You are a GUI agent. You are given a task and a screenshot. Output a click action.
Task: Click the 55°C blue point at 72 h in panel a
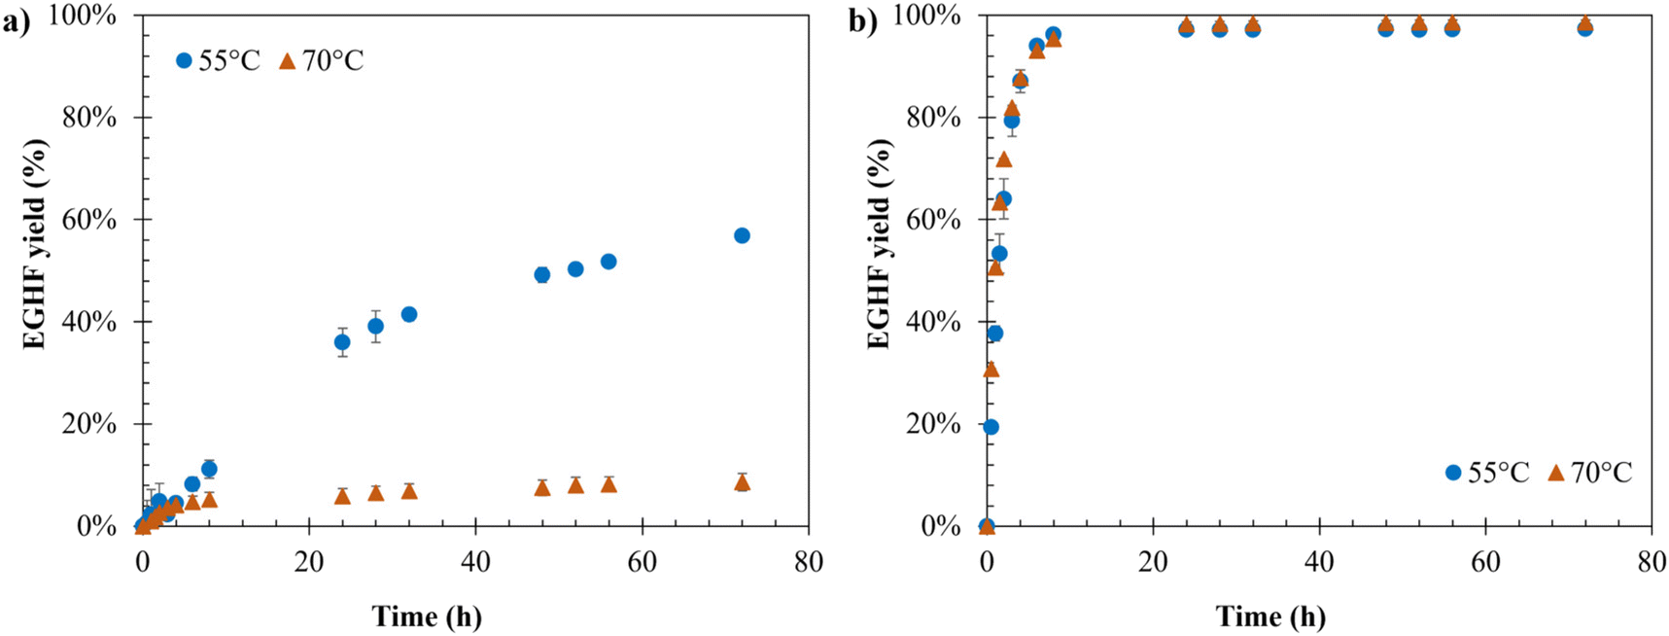(742, 235)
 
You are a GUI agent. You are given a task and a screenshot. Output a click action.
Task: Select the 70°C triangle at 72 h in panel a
(742, 482)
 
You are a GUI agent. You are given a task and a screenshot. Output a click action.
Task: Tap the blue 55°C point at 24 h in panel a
(342, 342)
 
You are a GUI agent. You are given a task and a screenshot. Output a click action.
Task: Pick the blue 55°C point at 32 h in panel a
(409, 314)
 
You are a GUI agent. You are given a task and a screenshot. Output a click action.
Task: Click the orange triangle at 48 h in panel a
(542, 487)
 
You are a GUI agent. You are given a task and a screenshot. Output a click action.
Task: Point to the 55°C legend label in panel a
(229, 60)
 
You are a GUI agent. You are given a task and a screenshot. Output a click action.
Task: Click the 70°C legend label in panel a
(332, 60)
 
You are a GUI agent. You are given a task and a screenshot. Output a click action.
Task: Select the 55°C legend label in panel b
(1498, 473)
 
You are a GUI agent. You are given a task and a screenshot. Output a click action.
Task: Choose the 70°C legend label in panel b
(1601, 473)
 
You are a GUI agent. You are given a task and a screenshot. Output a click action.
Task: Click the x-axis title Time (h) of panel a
(427, 617)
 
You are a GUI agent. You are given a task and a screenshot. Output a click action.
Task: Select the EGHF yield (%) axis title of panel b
(879, 243)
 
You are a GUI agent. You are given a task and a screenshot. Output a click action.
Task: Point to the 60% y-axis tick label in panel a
(90, 220)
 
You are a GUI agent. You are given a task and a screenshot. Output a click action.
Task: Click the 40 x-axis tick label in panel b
(1319, 562)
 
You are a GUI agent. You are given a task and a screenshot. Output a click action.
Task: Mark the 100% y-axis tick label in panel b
(927, 16)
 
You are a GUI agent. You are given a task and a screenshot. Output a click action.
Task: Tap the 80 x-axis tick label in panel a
(808, 562)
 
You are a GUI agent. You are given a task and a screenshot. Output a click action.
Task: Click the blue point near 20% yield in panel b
(991, 427)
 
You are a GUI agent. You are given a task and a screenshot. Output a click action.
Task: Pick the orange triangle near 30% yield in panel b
(991, 370)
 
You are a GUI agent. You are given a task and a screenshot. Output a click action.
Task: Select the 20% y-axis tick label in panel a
(90, 424)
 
